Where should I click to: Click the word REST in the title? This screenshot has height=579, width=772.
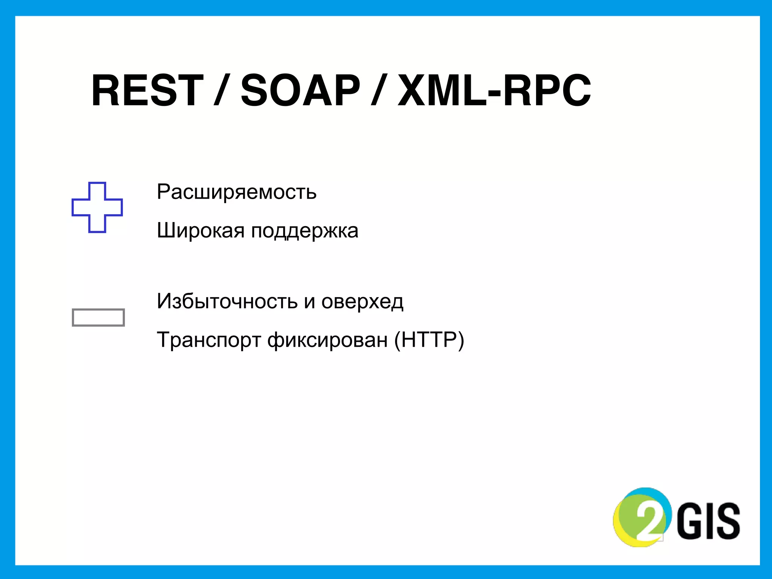pos(147,90)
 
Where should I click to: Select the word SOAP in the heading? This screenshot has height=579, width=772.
pos(300,90)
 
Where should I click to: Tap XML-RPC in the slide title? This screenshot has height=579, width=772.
pos(494,90)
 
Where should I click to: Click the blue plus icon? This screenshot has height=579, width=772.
pos(97,207)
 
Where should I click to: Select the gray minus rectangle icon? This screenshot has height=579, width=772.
pos(98,317)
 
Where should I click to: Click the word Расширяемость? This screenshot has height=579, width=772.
pos(236,192)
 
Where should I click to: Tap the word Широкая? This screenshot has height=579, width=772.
pos(201,230)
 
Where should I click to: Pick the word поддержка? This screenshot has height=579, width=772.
pos(305,231)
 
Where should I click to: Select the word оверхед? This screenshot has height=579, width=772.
pos(362,302)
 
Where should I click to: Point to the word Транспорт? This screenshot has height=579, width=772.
pos(208,340)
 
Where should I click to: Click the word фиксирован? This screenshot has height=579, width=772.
pos(327,340)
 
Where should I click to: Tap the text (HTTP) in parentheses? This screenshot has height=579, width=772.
pos(429,340)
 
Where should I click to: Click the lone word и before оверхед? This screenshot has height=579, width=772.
pos(309,302)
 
